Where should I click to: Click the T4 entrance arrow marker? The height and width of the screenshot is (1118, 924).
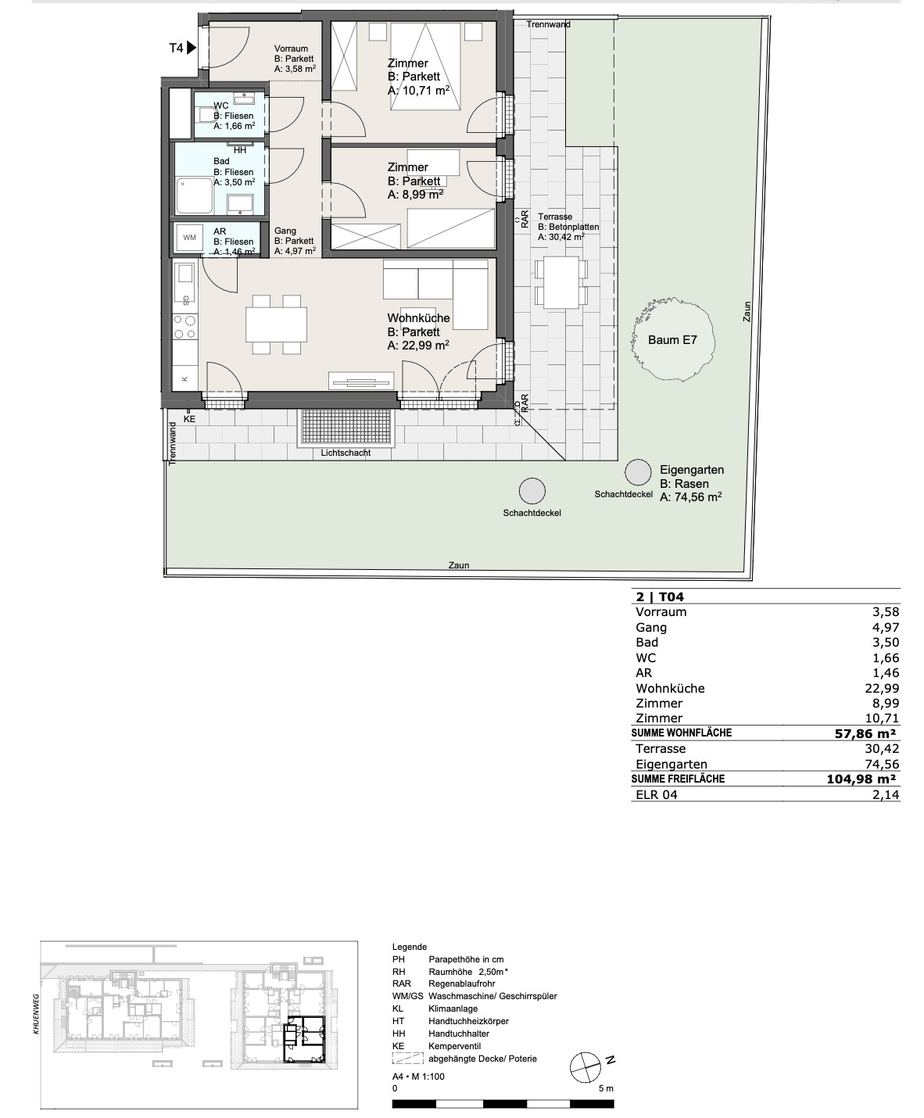point(191,48)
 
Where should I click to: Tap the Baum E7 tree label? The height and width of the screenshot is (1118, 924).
point(672,340)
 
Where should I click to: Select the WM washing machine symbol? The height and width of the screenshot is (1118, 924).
point(189,237)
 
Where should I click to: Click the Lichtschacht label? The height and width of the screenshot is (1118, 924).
point(346,453)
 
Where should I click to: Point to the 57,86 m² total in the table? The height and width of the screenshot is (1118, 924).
point(865,733)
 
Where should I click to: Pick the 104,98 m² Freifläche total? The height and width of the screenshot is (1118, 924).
point(861,779)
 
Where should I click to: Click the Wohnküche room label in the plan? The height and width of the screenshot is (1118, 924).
point(419,318)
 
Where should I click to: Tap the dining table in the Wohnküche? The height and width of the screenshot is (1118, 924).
point(276,324)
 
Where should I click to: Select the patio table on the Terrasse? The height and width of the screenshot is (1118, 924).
point(560,283)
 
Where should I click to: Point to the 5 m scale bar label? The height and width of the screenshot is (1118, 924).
point(606,1088)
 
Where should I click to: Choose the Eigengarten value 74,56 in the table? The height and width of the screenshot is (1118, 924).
point(882,764)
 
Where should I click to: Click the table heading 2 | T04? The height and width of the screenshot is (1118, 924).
point(660,597)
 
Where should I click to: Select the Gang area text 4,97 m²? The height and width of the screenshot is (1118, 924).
point(295,251)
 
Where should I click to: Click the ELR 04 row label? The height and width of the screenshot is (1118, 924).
point(657,794)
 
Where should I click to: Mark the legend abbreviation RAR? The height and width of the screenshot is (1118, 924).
point(402,984)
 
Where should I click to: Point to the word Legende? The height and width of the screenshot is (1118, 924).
point(410,948)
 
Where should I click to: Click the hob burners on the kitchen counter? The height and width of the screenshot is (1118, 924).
point(184,328)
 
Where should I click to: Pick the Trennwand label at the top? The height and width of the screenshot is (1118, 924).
point(548,25)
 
